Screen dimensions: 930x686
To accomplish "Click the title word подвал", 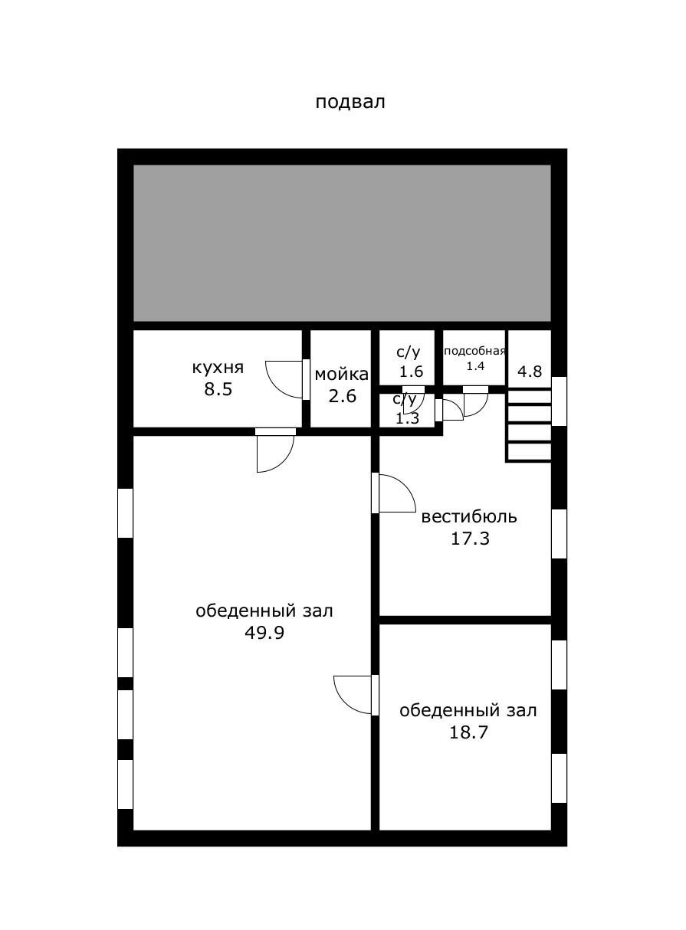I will coord(350,102).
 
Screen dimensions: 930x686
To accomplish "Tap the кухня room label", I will coord(218,368).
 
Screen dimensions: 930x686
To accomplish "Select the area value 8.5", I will coord(218,389).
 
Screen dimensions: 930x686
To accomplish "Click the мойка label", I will coord(341,375).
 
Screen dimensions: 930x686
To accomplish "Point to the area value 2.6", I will coord(342,396).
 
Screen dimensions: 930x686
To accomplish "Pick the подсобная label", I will coord(475,351).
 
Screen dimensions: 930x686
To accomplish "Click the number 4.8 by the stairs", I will coord(530,372).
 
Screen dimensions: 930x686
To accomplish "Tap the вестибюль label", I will coord(469,516).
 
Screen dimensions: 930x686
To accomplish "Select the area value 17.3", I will coord(470,539).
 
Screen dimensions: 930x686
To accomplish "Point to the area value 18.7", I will coord(468,732).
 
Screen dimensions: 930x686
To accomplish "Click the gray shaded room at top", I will coord(342,243).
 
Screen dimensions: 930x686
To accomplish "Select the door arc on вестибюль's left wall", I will coord(396,494).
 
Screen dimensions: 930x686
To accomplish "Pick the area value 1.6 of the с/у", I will coord(412,372).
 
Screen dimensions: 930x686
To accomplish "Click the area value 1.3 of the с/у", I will coord(407,418).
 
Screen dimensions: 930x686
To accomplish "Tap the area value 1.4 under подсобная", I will coord(475,366).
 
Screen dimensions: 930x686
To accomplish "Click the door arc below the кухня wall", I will coord(275,453).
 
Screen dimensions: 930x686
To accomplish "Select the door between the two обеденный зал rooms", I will coord(354,694).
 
